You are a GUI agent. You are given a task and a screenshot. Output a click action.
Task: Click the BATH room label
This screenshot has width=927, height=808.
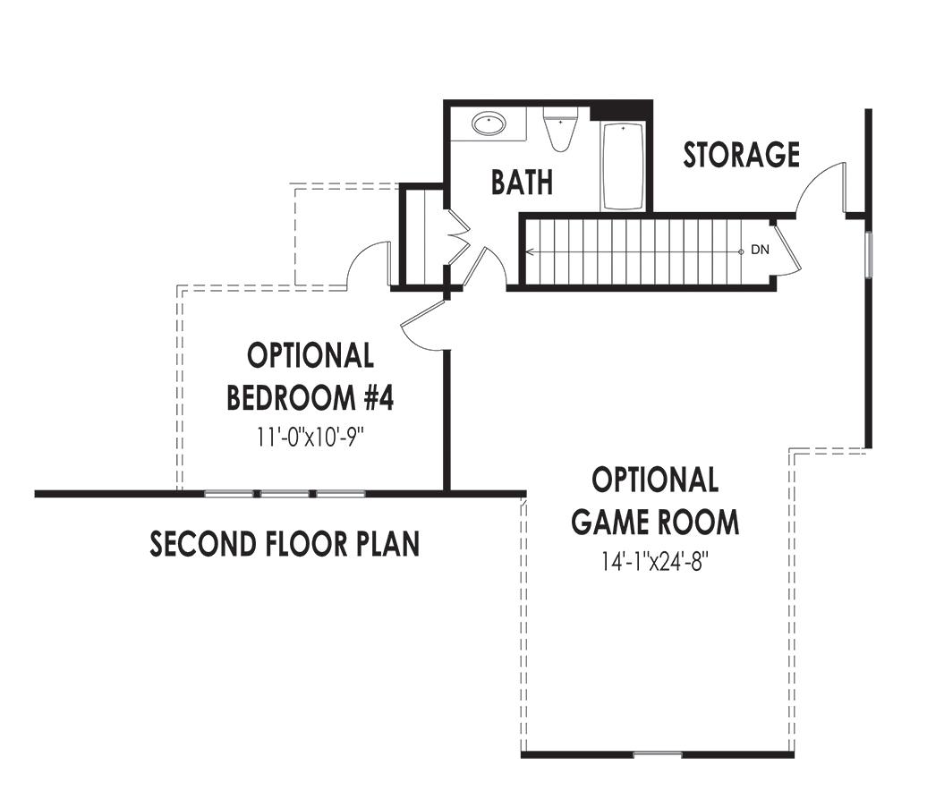522,183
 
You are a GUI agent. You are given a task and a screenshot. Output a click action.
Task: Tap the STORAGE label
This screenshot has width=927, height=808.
741,155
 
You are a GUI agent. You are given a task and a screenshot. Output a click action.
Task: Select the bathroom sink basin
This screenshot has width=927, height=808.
489,123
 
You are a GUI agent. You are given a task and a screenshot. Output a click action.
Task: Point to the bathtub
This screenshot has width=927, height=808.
623,166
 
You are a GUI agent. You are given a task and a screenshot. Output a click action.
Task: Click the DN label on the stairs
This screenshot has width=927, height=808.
759,251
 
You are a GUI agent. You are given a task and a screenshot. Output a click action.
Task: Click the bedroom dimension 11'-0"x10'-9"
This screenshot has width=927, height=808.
310,438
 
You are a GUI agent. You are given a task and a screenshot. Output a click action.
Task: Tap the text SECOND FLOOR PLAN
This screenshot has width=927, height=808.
285,544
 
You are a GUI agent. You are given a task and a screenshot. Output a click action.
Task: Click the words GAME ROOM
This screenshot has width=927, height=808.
656,522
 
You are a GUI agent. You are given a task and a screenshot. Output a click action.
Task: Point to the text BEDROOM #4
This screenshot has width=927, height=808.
310,397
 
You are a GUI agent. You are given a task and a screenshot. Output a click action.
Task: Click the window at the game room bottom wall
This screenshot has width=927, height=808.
658,755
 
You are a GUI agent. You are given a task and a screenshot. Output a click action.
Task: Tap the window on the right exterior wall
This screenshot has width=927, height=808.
867,254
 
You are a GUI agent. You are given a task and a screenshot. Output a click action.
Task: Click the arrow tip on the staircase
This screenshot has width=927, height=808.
528,252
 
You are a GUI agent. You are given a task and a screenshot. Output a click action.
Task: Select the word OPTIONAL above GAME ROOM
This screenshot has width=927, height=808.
656,480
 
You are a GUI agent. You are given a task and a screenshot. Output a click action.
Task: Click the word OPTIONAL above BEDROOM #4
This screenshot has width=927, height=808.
310,356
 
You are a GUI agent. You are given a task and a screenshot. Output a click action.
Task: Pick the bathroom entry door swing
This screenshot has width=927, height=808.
488,268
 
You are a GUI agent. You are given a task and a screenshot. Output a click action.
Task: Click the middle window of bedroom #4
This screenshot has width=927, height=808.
285,493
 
